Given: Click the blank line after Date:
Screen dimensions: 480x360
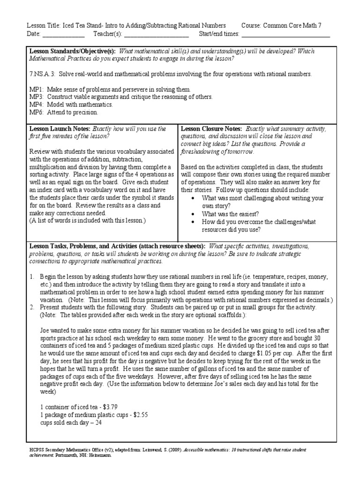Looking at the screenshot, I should point(64,34).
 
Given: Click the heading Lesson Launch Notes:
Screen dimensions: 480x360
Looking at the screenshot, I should point(60,128).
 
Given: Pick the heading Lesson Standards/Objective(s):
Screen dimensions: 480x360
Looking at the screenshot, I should point(73,51).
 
